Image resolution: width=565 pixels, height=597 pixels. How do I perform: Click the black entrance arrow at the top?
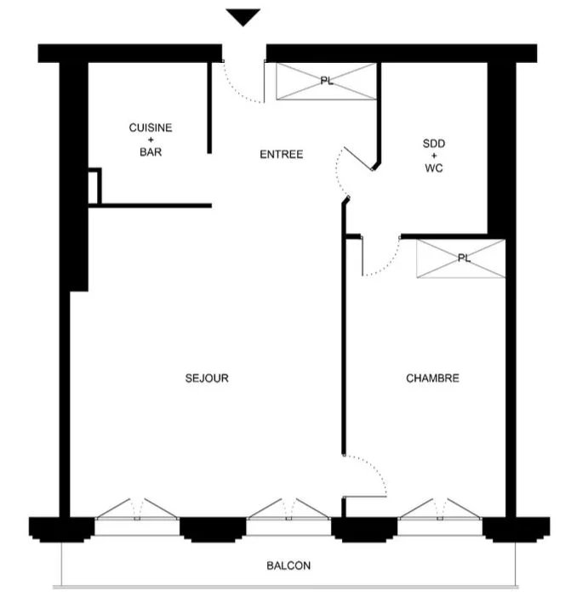pyautogui.click(x=243, y=16)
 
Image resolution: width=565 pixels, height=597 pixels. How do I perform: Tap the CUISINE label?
pyautogui.click(x=151, y=128)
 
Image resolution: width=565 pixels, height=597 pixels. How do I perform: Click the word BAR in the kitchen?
pyautogui.click(x=151, y=152)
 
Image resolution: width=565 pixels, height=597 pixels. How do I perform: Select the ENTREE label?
pyautogui.click(x=282, y=154)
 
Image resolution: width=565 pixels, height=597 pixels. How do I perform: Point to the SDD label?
pyautogui.click(x=434, y=144)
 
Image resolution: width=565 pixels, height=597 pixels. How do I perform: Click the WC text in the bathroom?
pyautogui.click(x=434, y=168)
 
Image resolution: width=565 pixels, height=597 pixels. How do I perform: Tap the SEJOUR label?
pyautogui.click(x=207, y=378)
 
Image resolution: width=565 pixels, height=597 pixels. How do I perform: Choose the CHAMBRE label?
pyautogui.click(x=432, y=378)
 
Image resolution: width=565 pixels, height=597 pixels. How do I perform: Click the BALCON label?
pyautogui.click(x=288, y=566)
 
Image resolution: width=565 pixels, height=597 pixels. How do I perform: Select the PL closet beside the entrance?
pyautogui.click(x=326, y=82)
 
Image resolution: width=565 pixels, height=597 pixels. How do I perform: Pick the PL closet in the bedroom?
pyautogui.click(x=461, y=259)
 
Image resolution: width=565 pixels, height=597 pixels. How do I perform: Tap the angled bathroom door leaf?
pyautogui.click(x=358, y=158)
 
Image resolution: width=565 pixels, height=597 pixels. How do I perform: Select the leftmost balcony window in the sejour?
pyautogui.click(x=137, y=509)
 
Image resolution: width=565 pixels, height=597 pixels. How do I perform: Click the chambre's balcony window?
pyautogui.click(x=440, y=509)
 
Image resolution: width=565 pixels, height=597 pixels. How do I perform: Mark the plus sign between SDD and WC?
pyautogui.click(x=434, y=156)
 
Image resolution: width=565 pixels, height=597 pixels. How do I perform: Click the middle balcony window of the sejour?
pyautogui.click(x=288, y=509)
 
